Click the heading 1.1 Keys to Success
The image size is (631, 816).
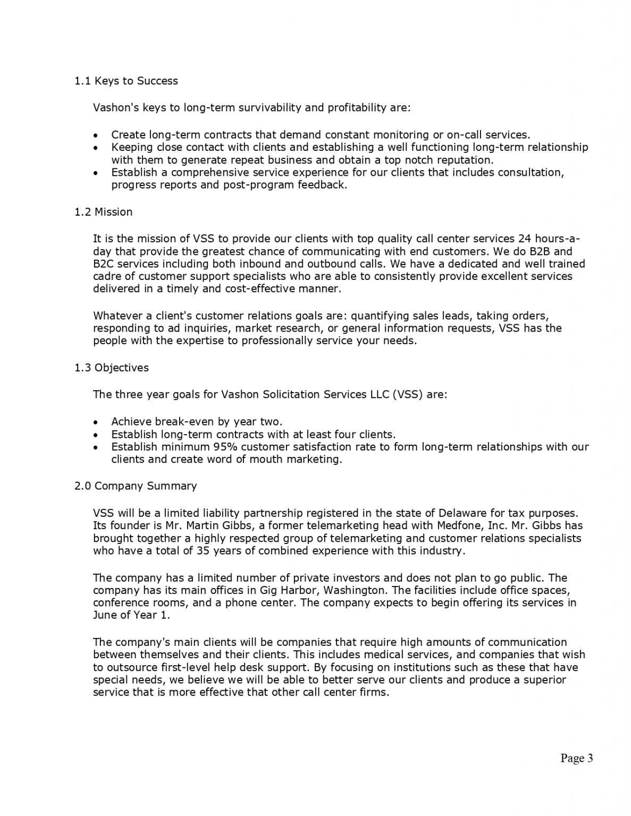click(x=126, y=81)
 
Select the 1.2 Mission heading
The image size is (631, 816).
click(x=104, y=212)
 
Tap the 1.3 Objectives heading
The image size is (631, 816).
click(x=112, y=368)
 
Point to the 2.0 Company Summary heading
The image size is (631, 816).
click(x=136, y=486)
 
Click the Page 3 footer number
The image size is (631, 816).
click(x=576, y=758)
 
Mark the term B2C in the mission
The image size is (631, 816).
click(x=103, y=264)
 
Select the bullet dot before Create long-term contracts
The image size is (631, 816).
click(x=95, y=135)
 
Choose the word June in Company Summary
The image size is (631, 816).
click(x=105, y=615)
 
